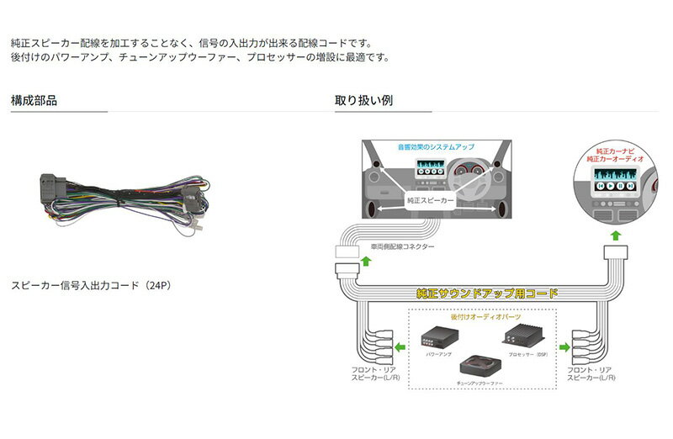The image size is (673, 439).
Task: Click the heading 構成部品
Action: [x=34, y=101]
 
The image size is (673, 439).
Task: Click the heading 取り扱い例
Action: [x=363, y=101]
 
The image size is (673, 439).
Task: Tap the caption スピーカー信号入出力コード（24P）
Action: [x=91, y=286]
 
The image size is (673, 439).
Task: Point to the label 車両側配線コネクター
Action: [x=402, y=248]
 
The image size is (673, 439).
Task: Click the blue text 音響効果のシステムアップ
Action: [x=436, y=147]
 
